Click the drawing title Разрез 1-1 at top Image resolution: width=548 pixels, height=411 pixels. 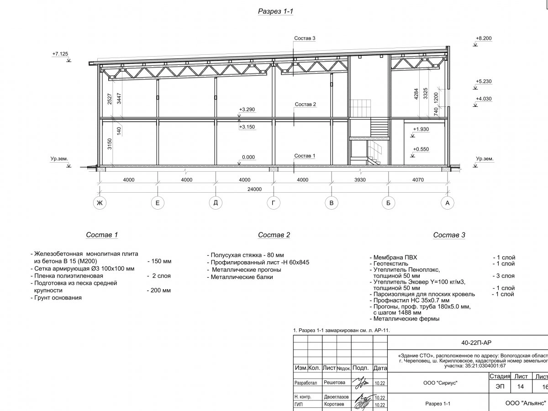[275, 12]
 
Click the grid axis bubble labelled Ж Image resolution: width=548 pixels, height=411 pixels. [99, 204]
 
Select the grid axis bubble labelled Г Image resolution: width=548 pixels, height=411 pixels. [273, 204]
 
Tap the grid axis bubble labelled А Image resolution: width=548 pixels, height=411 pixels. [448, 204]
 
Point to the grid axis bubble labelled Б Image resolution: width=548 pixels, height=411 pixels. [388, 204]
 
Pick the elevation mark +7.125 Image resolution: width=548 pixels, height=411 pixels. [60, 54]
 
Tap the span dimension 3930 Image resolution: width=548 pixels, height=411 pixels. [360, 180]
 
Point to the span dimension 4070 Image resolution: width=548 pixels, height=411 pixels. [418, 180]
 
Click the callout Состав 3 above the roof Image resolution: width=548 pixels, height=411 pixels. [305, 38]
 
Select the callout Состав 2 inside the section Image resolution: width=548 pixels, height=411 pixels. [305, 105]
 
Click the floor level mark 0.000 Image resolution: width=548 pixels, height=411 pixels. [248, 157]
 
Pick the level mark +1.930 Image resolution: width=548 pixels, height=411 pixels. [421, 130]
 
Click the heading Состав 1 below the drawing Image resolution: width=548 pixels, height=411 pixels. [102, 235]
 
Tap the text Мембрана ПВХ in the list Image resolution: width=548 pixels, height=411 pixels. [395, 258]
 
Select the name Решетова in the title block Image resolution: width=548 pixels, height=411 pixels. [334, 382]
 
